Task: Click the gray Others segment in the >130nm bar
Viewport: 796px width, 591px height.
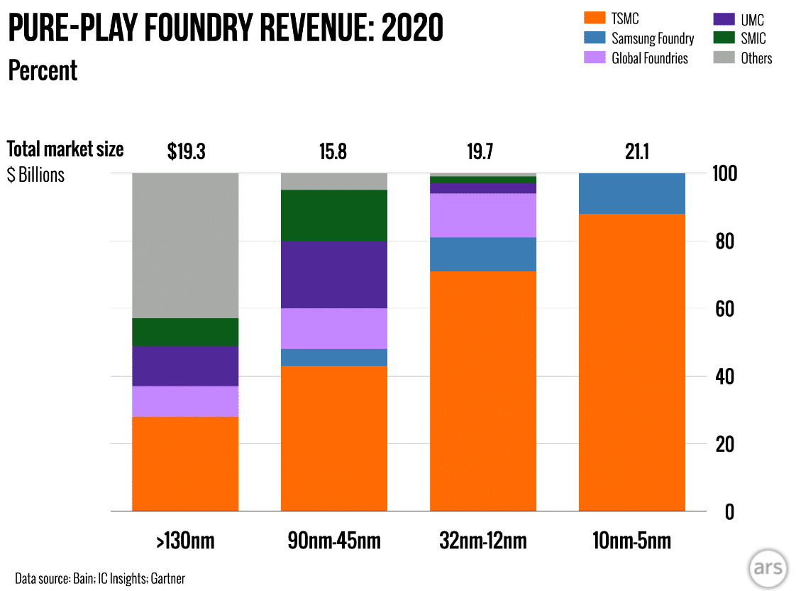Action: (x=185, y=245)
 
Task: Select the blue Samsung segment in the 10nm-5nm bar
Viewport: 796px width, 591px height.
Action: (x=631, y=193)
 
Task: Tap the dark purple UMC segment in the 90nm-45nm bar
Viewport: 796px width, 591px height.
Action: (x=334, y=274)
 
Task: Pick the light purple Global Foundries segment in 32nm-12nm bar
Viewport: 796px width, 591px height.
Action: (x=482, y=215)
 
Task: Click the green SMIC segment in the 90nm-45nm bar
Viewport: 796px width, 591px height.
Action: (x=334, y=215)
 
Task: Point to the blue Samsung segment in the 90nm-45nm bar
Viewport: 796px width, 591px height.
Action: (x=334, y=357)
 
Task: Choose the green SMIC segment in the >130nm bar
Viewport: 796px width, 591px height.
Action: (x=185, y=332)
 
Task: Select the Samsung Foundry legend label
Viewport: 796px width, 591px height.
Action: (x=653, y=38)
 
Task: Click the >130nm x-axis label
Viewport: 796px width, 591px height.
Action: (x=185, y=541)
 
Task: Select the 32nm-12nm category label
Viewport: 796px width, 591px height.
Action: (x=482, y=541)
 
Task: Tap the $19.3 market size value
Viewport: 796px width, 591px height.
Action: (x=185, y=151)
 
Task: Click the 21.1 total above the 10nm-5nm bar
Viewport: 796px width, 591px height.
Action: (x=631, y=151)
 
